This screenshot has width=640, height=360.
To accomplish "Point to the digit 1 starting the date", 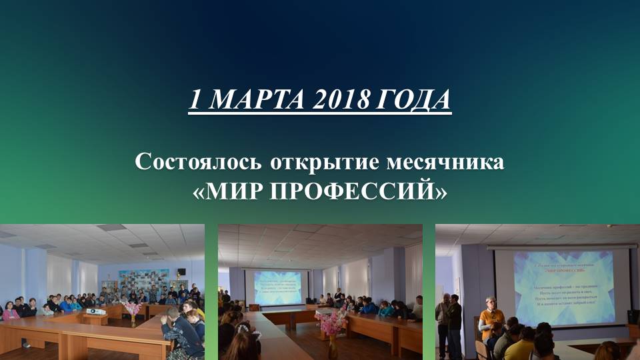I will pyautogui.click(x=195, y=100).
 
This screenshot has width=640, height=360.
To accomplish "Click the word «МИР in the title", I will pyautogui.click(x=225, y=191).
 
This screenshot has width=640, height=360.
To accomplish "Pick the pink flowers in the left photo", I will pyautogui.click(x=132, y=307).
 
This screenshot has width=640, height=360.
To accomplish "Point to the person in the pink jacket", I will pyautogui.click(x=9, y=312).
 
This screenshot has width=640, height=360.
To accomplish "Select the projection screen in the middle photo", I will pyautogui.click(x=276, y=287).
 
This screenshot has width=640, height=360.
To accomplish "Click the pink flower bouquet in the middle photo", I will pyautogui.click(x=331, y=321).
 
